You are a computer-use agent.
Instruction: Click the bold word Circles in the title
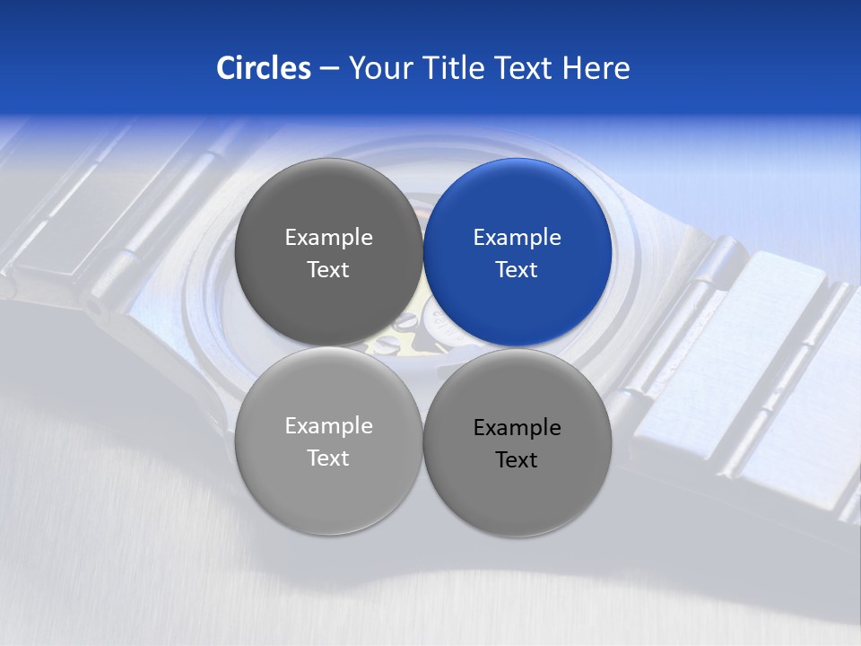(x=264, y=68)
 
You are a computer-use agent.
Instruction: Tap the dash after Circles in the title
(x=329, y=69)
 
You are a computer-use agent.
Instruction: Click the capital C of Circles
(x=226, y=68)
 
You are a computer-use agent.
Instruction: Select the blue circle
(x=517, y=253)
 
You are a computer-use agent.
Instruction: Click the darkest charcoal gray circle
(x=328, y=253)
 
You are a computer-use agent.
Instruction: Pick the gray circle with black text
(x=517, y=443)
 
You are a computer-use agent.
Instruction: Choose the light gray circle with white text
(x=328, y=441)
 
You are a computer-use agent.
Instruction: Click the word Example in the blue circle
(x=517, y=238)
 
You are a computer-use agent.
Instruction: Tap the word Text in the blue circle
(x=517, y=270)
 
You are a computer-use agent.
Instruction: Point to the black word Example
(x=517, y=428)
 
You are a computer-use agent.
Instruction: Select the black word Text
(x=517, y=460)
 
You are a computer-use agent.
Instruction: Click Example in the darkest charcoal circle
(x=328, y=238)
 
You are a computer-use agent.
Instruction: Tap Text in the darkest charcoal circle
(x=328, y=270)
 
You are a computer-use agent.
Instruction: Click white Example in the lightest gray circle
(x=328, y=426)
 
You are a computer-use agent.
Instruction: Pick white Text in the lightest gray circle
(x=328, y=458)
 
